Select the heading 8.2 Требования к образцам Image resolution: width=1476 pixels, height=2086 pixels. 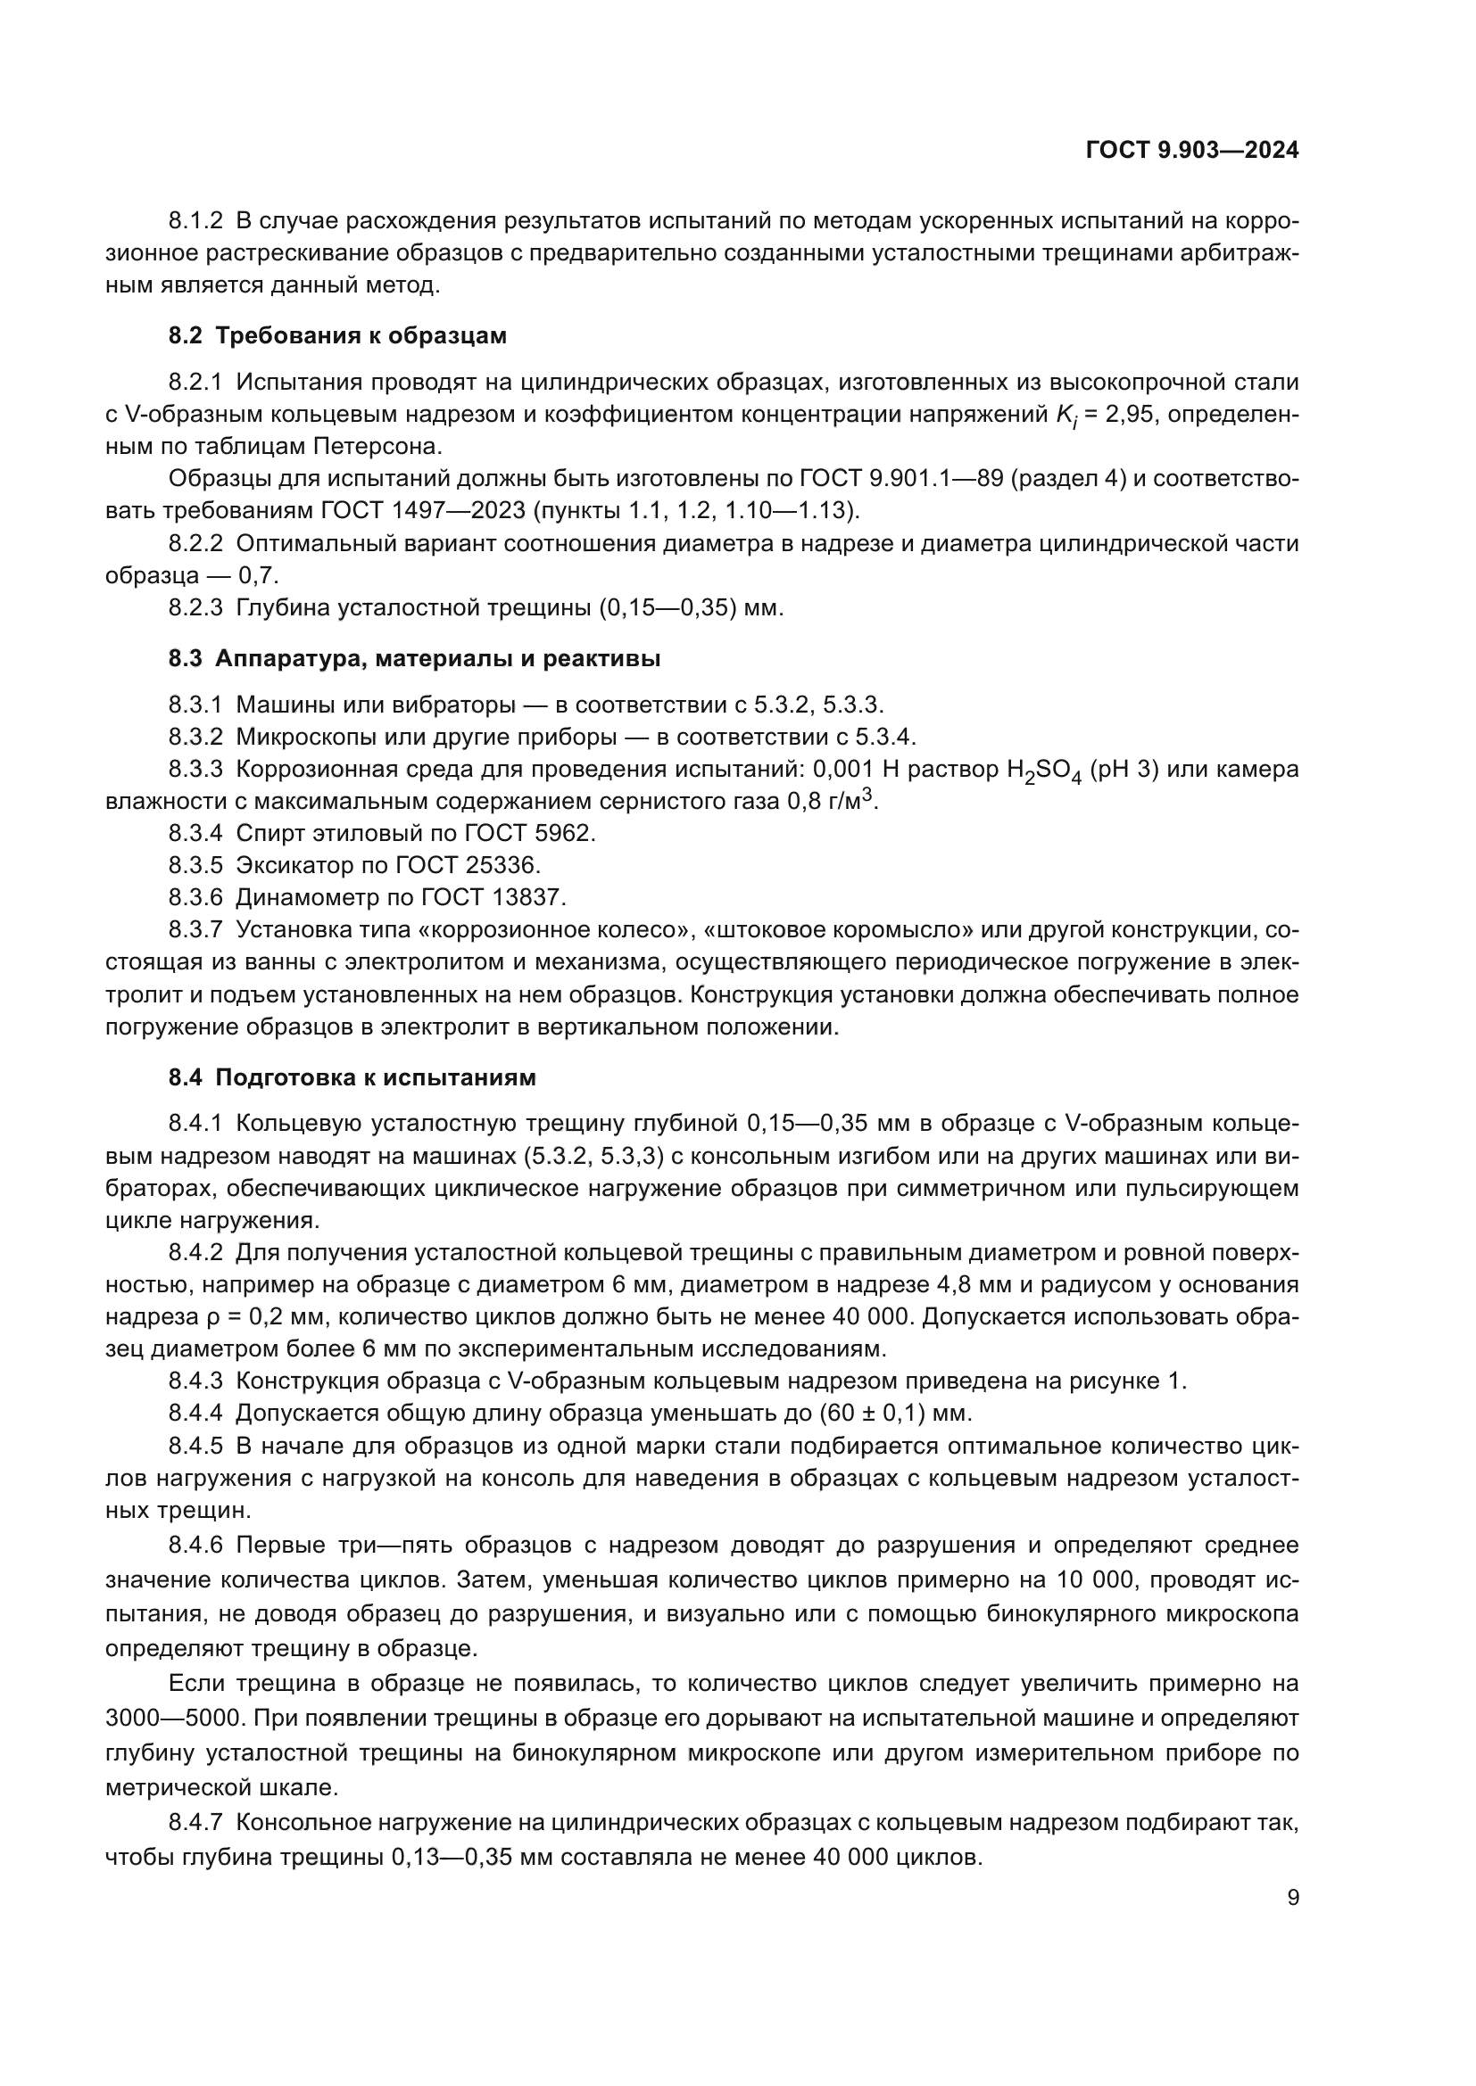[337, 336]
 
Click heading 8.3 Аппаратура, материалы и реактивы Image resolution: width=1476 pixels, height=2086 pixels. [413, 659]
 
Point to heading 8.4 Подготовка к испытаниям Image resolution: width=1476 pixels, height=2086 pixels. [352, 1077]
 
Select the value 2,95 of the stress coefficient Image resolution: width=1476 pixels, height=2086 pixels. [1131, 415]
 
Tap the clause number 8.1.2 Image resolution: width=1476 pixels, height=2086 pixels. [195, 221]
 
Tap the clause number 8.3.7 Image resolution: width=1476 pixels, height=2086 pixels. [195, 930]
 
